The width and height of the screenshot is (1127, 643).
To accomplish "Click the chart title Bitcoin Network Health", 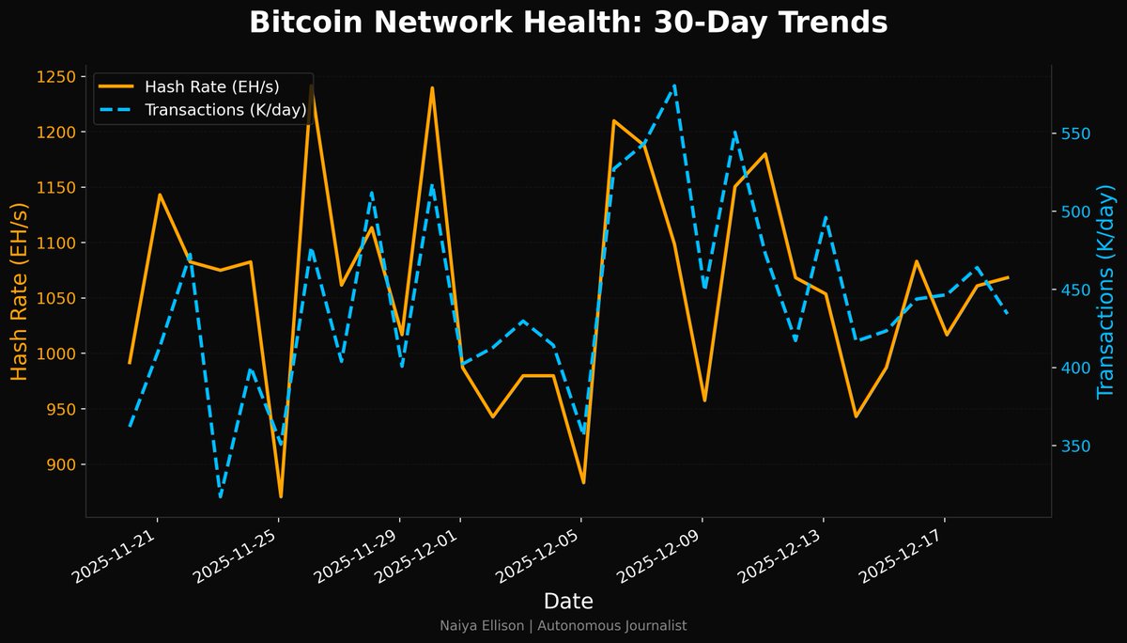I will [x=568, y=23].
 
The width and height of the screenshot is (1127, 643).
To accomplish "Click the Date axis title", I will [x=568, y=601].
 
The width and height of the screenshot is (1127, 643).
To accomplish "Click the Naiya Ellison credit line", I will [x=563, y=625].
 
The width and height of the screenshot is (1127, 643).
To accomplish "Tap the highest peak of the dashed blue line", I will [x=675, y=86].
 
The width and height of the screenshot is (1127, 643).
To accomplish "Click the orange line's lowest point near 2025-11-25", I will [x=281, y=496].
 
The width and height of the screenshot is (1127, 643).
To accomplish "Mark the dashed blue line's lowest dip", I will [x=221, y=496].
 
